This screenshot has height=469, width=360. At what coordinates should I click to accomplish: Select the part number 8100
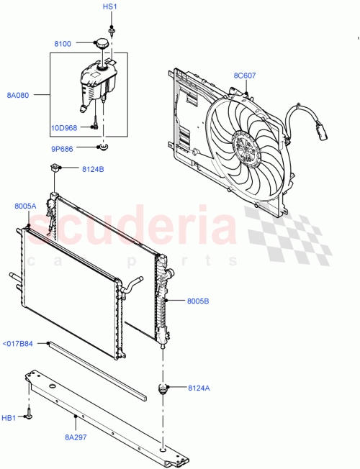(63, 45)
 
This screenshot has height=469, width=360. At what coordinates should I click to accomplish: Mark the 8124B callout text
(93, 170)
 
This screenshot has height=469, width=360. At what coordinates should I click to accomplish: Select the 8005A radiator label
(24, 206)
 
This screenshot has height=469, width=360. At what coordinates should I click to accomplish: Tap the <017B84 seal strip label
(17, 344)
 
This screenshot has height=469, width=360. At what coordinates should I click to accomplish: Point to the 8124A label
(199, 388)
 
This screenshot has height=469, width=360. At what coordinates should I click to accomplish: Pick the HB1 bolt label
(10, 418)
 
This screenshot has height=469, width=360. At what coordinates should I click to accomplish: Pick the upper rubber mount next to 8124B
(54, 170)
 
